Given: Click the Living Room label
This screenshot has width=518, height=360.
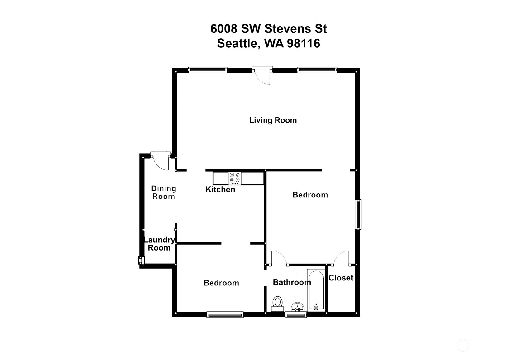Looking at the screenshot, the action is point(273,120).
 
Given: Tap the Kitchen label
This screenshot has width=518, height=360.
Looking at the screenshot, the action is point(220,190).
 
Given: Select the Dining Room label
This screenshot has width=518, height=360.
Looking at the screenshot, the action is point(164,192).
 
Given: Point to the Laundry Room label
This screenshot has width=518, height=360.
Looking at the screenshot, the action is point(159,244).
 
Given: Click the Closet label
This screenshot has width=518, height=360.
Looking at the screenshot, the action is point(341,278).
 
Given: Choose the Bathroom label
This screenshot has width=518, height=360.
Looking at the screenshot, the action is point(292,282).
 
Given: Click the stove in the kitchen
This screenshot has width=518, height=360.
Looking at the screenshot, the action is point(235,178).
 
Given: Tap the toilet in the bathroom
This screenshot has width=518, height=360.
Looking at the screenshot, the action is point(277,304).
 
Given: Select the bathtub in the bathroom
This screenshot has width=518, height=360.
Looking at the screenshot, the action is point(316,290).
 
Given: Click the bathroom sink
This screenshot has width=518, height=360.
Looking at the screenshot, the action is point(297,307).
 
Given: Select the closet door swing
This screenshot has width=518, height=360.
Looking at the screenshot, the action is point(342,258).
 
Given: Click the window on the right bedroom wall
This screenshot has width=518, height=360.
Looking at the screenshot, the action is point(358,214).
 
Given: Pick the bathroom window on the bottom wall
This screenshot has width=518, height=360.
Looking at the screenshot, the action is point(296,315).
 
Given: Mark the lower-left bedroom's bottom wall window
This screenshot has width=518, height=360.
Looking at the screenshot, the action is point(225,315).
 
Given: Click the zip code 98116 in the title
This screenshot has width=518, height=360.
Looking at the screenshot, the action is point(303,43).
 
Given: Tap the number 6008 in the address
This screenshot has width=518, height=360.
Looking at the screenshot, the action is point(224,29).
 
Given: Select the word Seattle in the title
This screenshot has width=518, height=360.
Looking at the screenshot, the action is point(237,44).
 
